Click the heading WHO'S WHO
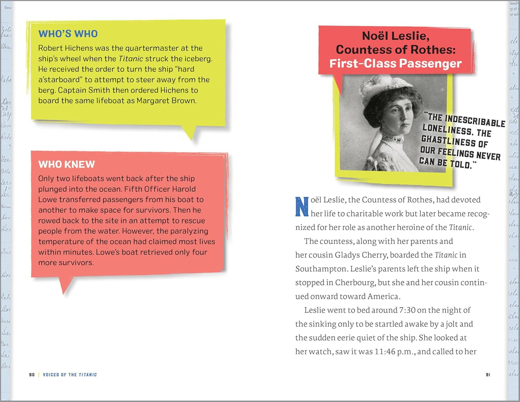[68, 34]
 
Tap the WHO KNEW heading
[67, 164]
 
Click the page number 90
[32, 375]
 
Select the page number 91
[488, 375]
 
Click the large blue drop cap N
[302, 207]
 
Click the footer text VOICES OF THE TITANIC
[70, 375]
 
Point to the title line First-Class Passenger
[395, 64]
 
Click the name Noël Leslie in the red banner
[395, 36]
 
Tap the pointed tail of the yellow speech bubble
[189, 135]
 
